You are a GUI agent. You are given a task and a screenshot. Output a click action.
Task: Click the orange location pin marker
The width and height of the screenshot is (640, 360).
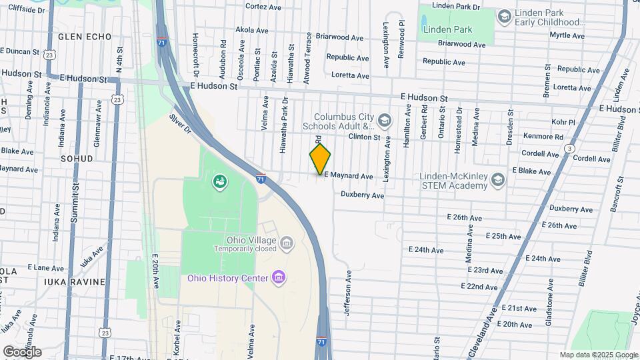coord(320,159)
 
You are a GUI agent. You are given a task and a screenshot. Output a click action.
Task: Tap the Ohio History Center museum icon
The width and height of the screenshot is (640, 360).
coord(279,277)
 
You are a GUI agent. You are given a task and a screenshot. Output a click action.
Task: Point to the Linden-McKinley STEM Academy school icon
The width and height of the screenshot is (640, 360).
coord(497,179)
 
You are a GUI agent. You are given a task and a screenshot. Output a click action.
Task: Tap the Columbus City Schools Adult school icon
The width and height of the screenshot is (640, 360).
coord(384,121)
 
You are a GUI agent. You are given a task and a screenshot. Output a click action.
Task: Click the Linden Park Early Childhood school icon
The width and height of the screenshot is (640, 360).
coord(504,15)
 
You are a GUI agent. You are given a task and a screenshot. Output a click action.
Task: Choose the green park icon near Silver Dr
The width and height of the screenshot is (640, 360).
coord(219,181)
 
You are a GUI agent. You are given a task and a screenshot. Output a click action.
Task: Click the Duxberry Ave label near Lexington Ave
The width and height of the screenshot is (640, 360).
coord(362,195)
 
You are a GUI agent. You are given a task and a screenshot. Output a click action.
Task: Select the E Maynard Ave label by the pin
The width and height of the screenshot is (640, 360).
coord(348,176)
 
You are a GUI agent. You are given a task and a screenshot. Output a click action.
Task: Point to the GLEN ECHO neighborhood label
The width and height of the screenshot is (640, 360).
coord(85,37)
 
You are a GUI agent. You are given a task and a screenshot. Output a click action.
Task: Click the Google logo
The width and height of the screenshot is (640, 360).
coord(22,351)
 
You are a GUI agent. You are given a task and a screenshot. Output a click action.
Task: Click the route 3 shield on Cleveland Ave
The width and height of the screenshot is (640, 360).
coord(569,148)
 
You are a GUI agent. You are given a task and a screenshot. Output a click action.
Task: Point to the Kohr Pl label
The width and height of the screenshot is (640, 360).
coord(563,122)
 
